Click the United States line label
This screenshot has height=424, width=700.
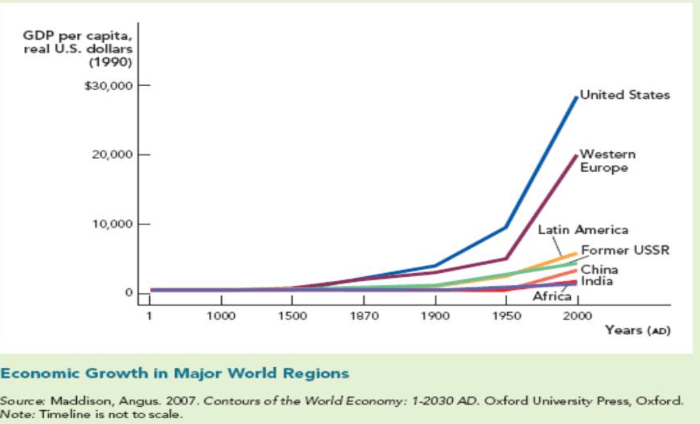tap(625, 95)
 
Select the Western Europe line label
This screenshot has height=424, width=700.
tap(608, 161)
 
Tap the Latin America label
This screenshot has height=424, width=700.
tap(583, 230)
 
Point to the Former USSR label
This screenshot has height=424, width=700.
tap(625, 250)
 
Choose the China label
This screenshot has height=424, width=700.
tap(600, 269)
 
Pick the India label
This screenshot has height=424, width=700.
tap(597, 281)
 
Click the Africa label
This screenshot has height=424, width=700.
tap(552, 296)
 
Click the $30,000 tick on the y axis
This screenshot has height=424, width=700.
tap(108, 86)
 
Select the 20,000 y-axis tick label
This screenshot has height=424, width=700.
tap(112, 155)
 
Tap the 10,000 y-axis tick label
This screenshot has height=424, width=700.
tap(112, 224)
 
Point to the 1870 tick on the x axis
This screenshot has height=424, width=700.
tap(364, 316)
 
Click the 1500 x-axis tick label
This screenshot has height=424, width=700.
tap(292, 316)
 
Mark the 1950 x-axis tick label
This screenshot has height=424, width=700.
tap(507, 316)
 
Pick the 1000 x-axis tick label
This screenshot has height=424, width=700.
tap(221, 316)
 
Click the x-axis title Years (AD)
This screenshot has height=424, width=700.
tap(637, 330)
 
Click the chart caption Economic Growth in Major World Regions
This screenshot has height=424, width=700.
tap(175, 373)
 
